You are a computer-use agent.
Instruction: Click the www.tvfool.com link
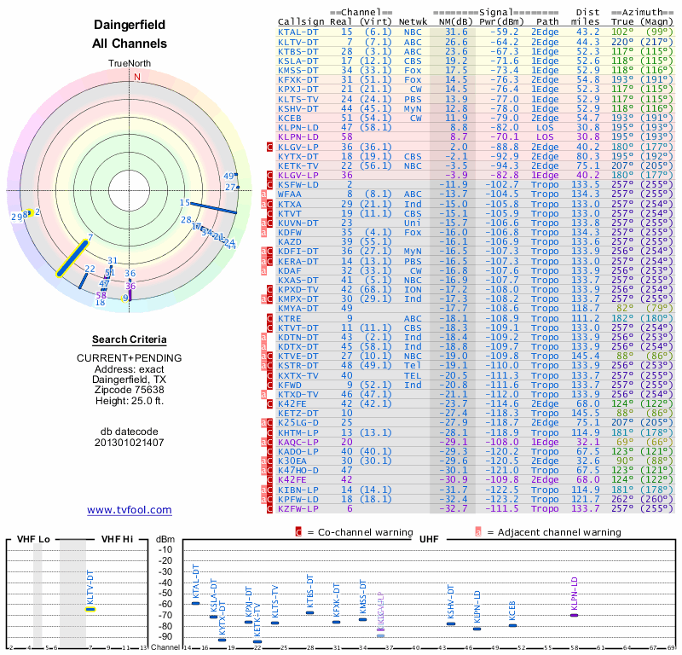(x=130, y=510)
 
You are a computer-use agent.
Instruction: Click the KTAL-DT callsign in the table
(x=298, y=32)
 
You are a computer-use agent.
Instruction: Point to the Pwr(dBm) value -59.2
(x=503, y=32)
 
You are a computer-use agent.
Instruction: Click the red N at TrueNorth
(x=136, y=76)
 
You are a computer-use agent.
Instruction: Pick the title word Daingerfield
(x=130, y=26)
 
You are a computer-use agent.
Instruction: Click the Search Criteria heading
(x=130, y=339)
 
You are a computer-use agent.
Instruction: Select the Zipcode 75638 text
(x=130, y=390)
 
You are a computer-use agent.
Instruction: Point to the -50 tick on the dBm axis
(x=165, y=594)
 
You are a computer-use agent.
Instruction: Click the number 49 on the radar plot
(x=228, y=177)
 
